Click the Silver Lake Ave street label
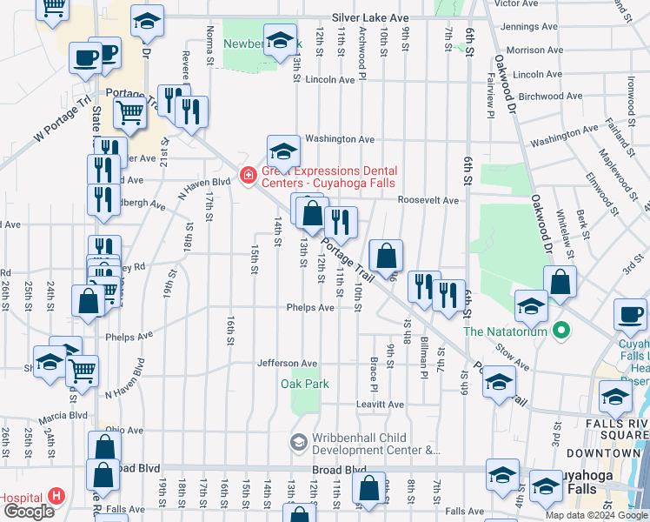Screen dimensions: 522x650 [x=370, y=17]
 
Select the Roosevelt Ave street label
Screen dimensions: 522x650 [x=428, y=200]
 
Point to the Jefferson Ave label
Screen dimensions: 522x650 [x=287, y=363]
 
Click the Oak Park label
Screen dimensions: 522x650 [x=299, y=384]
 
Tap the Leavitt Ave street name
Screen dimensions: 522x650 [x=380, y=405]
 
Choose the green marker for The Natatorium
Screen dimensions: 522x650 [x=561, y=331]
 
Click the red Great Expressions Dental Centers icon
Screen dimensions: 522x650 [x=248, y=176]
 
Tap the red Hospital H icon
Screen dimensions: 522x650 [x=57, y=497]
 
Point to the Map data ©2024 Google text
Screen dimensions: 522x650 [x=596, y=515]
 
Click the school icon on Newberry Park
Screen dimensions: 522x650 [x=281, y=40]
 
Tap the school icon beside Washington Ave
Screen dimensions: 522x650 [x=283, y=152]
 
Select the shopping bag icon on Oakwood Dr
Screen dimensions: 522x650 [x=560, y=281]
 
